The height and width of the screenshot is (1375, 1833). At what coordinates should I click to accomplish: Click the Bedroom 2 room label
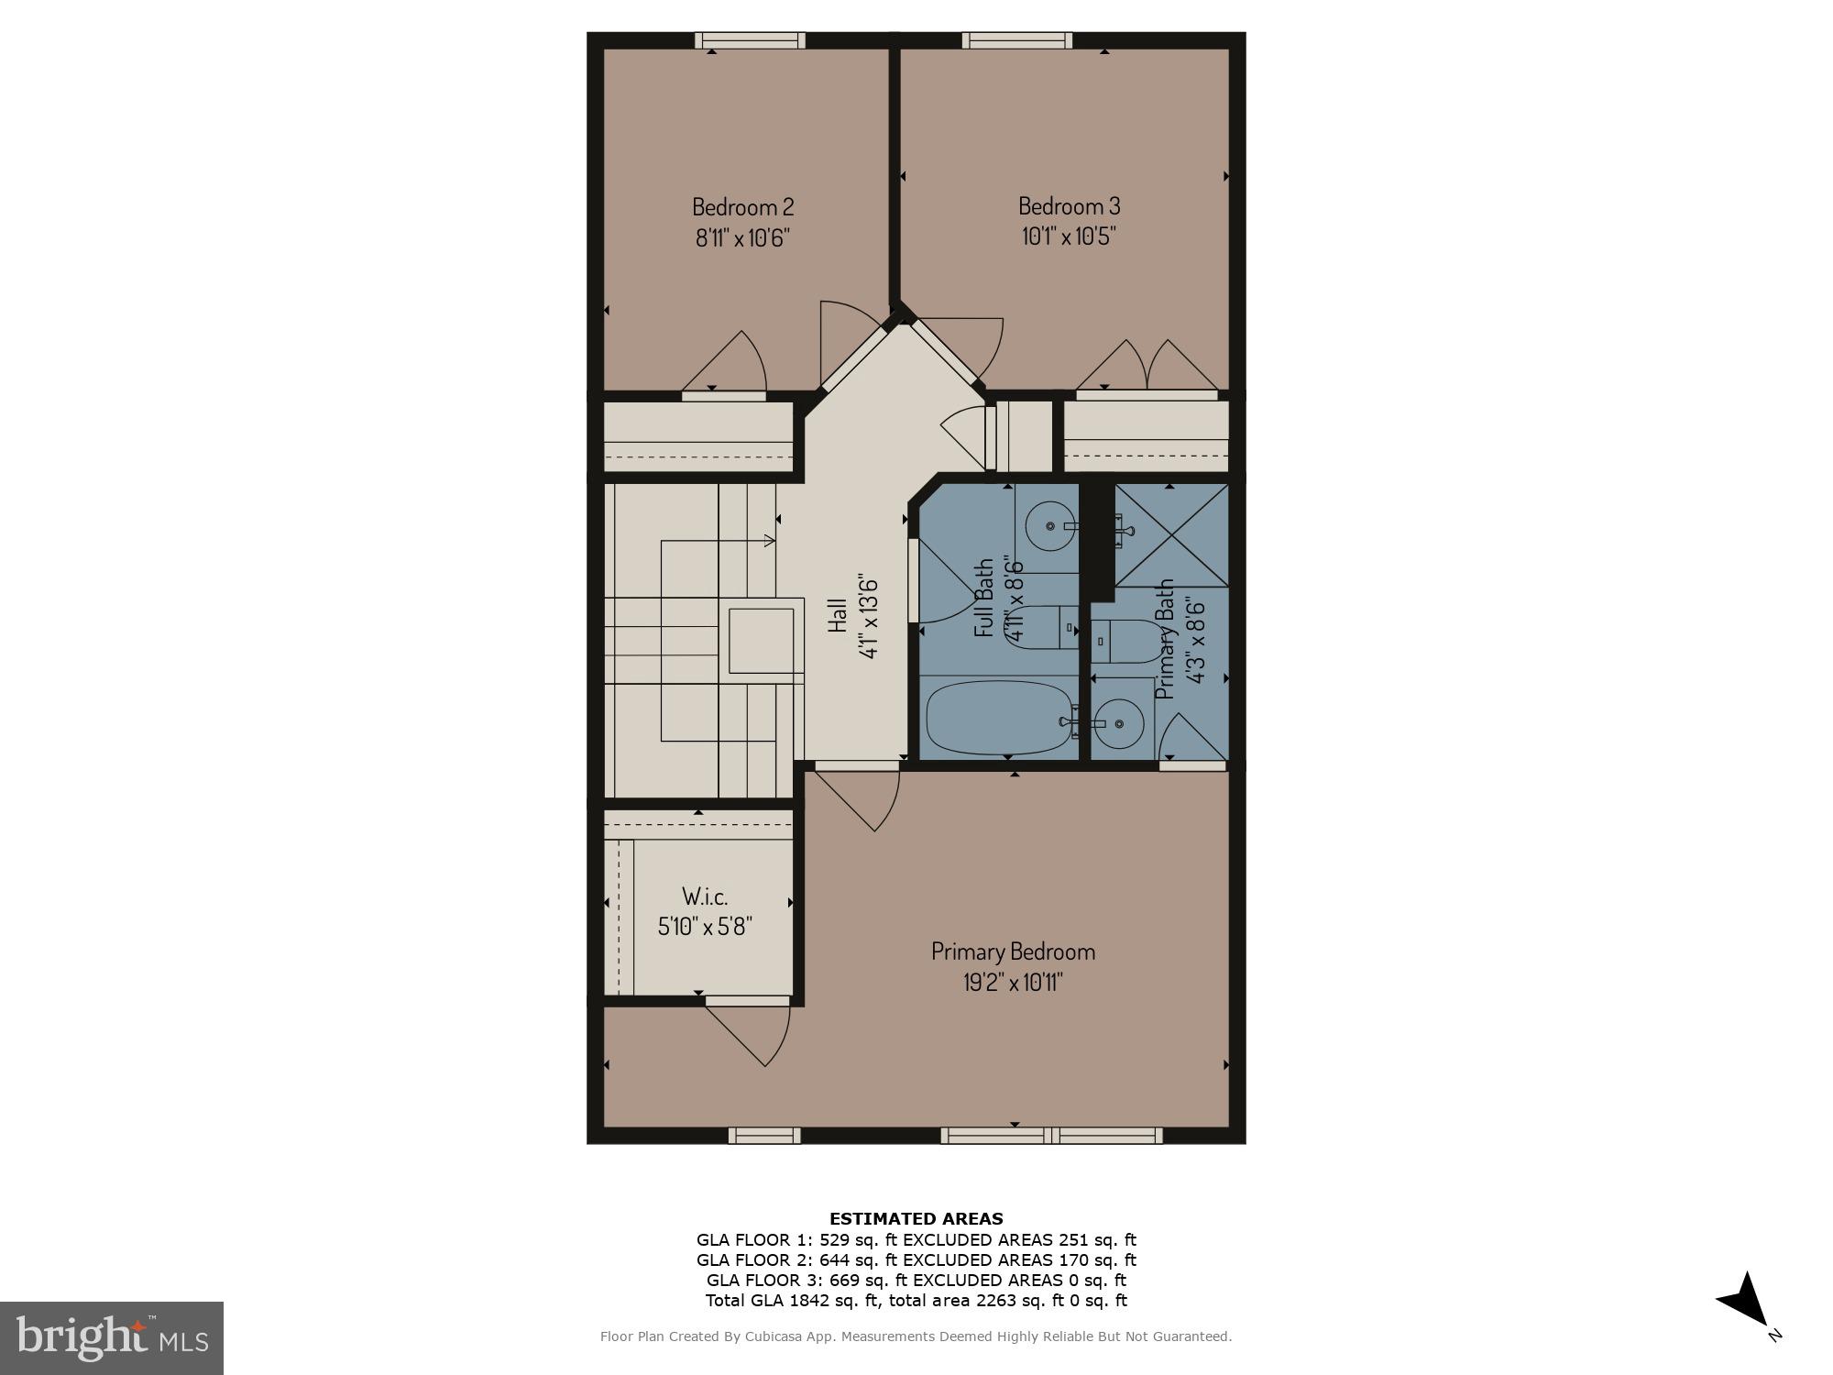(x=742, y=206)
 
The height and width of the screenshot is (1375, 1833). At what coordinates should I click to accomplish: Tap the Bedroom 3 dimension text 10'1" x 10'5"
(x=1069, y=236)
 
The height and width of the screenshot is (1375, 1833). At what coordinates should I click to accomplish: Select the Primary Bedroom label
(x=1013, y=951)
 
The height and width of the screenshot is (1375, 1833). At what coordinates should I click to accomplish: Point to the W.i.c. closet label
(x=705, y=896)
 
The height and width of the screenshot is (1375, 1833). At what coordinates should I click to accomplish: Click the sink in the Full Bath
(x=1047, y=527)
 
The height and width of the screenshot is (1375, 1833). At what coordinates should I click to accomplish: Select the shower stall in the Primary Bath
(x=1171, y=535)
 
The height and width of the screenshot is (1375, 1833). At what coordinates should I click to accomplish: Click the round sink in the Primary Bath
(x=1120, y=722)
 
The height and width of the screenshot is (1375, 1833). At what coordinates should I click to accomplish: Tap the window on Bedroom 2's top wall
(x=750, y=40)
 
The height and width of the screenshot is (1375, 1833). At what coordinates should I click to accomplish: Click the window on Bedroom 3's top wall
(x=1016, y=40)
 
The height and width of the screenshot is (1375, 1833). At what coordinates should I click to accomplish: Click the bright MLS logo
(x=112, y=1338)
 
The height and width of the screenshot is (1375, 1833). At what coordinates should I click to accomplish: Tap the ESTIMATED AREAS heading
(x=916, y=1219)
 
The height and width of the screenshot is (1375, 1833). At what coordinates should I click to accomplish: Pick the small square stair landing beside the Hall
(x=761, y=640)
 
